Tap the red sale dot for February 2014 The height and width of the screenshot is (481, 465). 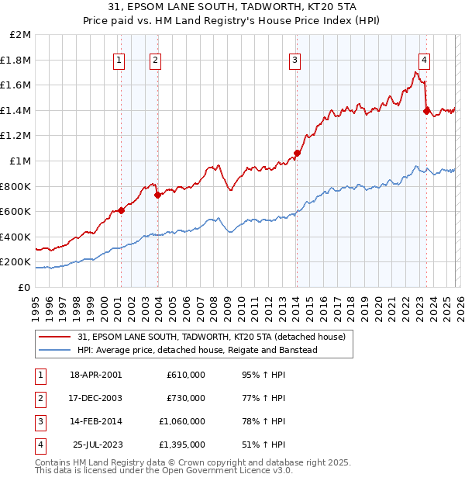[x=297, y=153]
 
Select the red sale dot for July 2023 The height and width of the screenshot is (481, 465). [x=426, y=111]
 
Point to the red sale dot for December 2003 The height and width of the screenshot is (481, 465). [x=157, y=195]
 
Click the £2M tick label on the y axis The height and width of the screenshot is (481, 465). [x=21, y=35]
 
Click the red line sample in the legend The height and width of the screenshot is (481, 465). [x=56, y=337]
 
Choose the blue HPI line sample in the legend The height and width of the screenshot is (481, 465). [x=56, y=350]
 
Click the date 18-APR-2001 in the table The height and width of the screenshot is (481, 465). [x=96, y=375]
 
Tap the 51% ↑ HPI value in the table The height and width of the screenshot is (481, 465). [x=263, y=445]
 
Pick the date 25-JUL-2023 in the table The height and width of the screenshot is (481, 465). [x=96, y=445]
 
